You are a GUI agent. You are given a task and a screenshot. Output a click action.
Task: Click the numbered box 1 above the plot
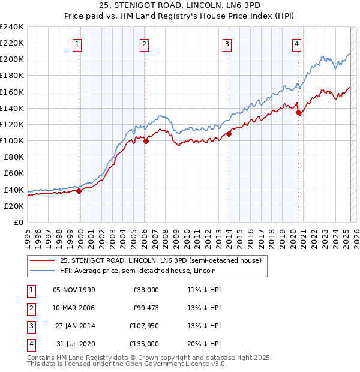tap(79, 43)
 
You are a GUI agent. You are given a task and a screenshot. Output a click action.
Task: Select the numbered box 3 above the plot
tap(227, 43)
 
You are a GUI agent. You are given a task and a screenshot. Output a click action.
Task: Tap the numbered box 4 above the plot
tap(297, 43)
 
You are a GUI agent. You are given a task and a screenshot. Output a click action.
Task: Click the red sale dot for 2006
tap(146, 141)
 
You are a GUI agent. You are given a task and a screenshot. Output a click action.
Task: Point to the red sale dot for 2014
tap(229, 134)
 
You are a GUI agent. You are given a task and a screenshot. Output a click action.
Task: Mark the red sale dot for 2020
tap(298, 112)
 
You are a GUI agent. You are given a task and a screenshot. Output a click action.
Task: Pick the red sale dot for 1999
tap(79, 191)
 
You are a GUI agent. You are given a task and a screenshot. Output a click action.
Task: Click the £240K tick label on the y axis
tap(11, 27)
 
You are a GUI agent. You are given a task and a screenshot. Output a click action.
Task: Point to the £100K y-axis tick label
tap(11, 140)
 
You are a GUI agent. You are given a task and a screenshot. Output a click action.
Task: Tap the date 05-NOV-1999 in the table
tap(74, 290)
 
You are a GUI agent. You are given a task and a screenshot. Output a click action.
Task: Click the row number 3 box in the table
tap(31, 326)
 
